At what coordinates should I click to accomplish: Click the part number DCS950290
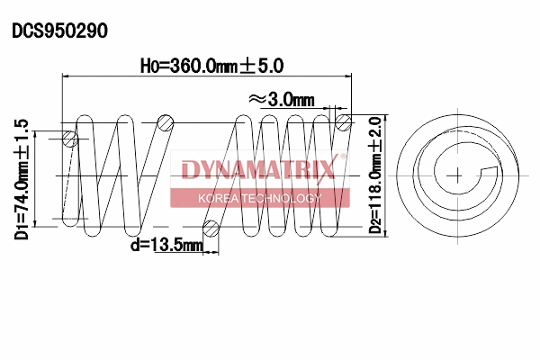[x=59, y=31]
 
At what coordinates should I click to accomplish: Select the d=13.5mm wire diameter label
[x=166, y=244]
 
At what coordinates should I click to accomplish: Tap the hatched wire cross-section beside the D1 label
[x=71, y=139]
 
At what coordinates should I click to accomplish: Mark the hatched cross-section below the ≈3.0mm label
[x=342, y=121]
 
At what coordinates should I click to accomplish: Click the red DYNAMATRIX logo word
[x=258, y=169]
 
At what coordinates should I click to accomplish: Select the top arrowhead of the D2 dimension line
[x=387, y=117]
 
